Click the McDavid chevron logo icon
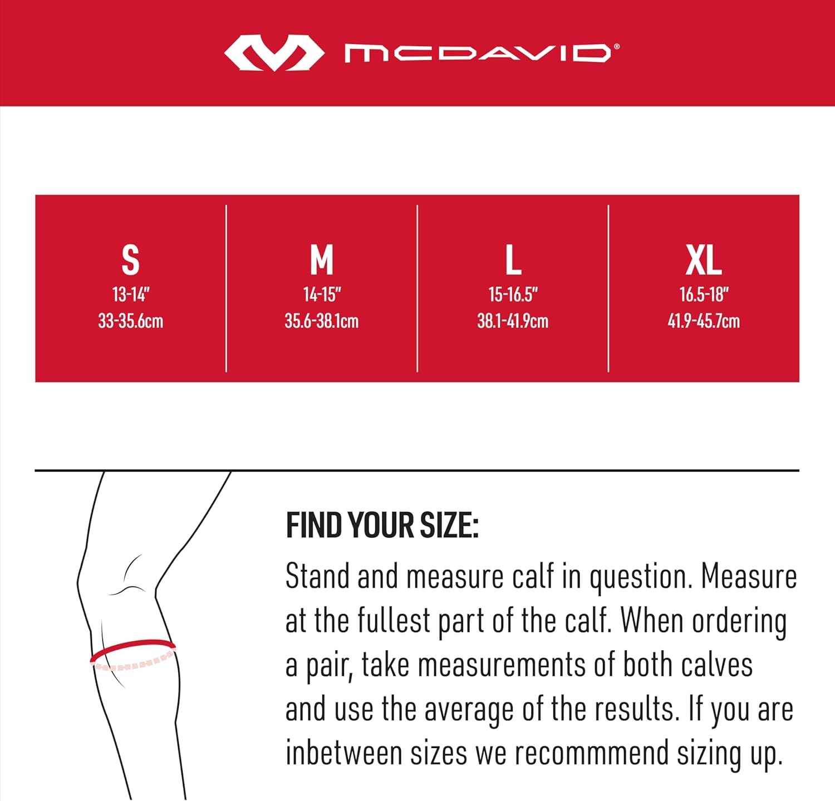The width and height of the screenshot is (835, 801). (x=274, y=53)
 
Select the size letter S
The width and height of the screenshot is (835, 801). (x=130, y=260)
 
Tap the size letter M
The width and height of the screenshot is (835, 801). (x=321, y=260)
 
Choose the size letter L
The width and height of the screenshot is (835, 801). (x=513, y=260)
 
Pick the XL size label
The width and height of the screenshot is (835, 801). (x=704, y=260)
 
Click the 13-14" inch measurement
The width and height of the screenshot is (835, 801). (x=131, y=294)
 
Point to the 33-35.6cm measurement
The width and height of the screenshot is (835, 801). (x=131, y=321)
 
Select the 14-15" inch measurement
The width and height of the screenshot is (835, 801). (x=322, y=294)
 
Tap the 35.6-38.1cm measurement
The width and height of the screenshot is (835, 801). (x=322, y=321)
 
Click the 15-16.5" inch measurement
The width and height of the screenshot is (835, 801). (x=513, y=294)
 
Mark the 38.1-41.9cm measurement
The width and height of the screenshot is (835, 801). (x=513, y=321)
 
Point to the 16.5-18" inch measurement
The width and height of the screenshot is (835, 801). (x=704, y=294)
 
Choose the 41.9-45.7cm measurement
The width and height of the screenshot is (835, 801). (x=704, y=321)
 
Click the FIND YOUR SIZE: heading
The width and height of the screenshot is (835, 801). (x=382, y=525)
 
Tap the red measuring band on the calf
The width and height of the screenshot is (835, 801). (x=132, y=646)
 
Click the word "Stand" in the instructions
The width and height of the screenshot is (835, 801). (x=317, y=576)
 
